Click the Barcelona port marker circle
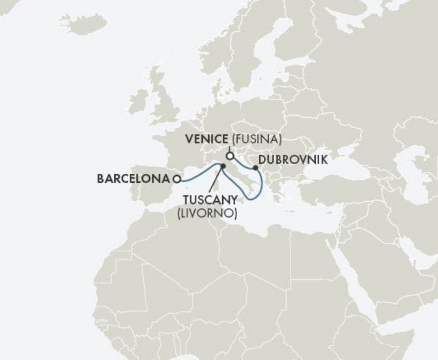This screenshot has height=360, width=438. [x=177, y=178]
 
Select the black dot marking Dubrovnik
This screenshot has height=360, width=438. [x=255, y=169]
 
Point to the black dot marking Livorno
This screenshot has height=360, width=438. [x=223, y=166]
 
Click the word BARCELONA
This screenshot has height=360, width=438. [x=134, y=178]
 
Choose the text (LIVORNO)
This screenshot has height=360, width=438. [x=207, y=213]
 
